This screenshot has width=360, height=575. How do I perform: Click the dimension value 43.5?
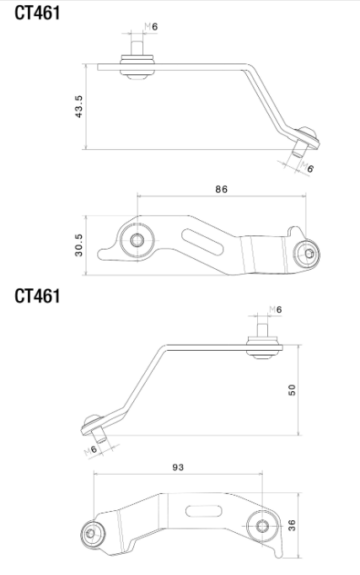click(78, 107)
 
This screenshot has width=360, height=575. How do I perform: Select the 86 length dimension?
click(221, 190)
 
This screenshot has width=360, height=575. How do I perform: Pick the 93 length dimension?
click(178, 466)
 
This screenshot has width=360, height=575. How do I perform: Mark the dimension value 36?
click(291, 525)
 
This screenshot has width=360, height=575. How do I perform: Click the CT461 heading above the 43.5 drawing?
click(37, 13)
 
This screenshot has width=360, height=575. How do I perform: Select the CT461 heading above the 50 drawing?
click(37, 297)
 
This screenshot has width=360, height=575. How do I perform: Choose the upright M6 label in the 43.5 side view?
click(152, 27)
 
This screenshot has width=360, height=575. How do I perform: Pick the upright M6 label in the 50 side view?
click(275, 309)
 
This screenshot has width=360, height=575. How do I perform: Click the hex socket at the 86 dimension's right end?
click(309, 253)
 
